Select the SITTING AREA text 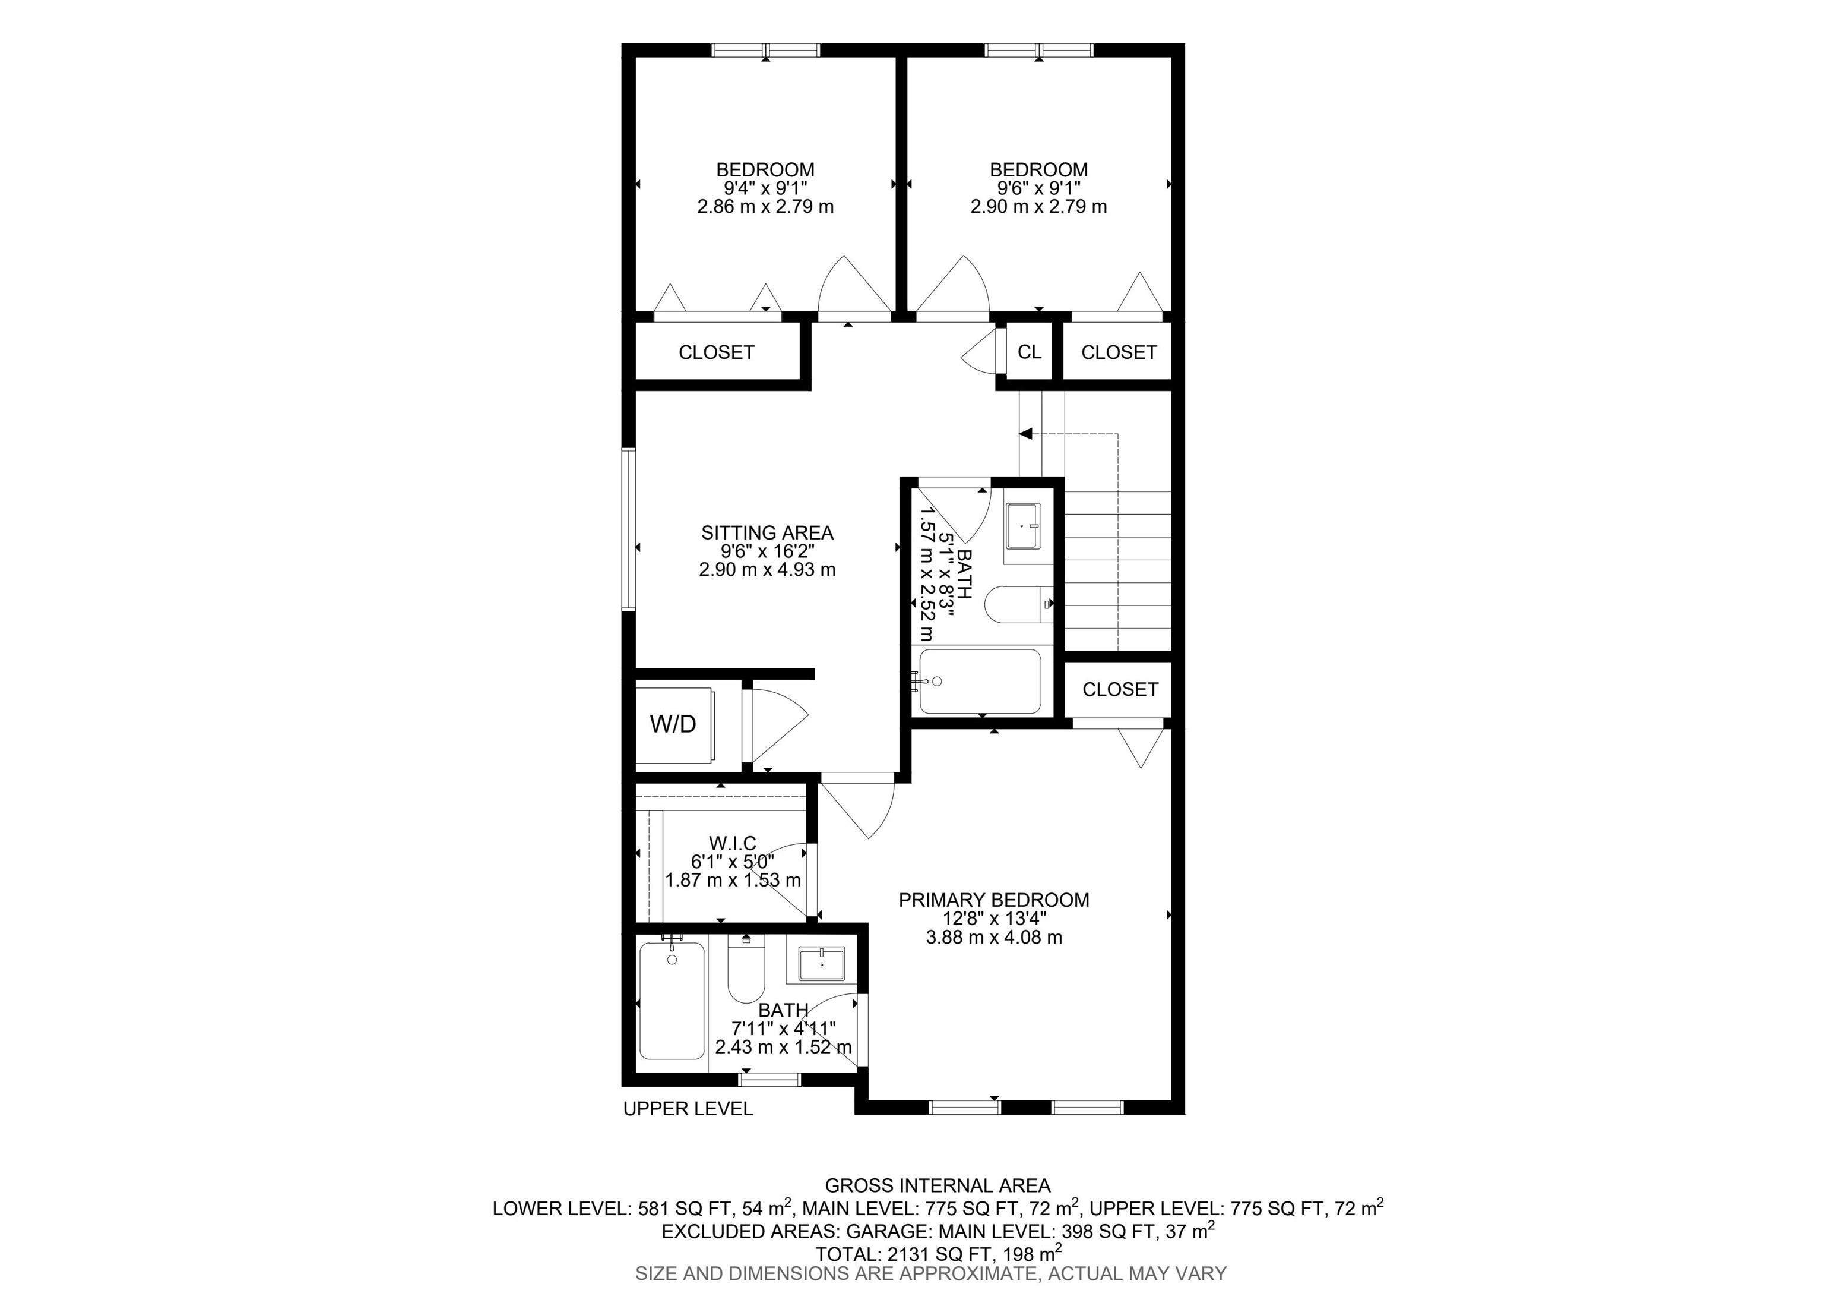click(767, 532)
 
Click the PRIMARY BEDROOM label click(994, 900)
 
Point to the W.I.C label click(733, 843)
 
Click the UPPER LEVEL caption click(688, 1109)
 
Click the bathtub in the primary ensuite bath click(672, 1001)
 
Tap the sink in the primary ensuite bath click(821, 965)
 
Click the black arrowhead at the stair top click(1025, 434)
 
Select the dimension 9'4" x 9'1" click(765, 188)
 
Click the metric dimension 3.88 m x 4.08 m click(994, 937)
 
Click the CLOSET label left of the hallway click(716, 352)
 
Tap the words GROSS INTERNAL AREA click(938, 1186)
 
